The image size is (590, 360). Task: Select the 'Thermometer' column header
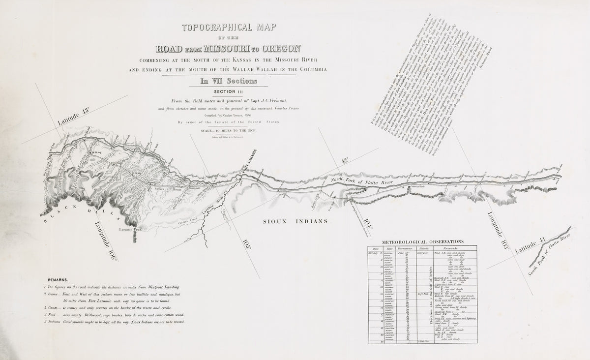point(406,249)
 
